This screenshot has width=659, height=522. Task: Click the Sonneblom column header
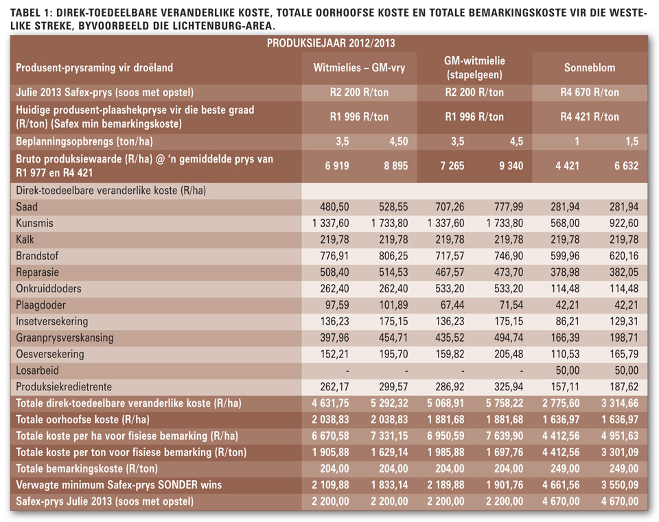click(589, 68)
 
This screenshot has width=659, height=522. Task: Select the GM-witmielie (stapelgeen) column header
click(474, 68)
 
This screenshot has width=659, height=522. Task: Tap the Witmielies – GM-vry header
click(359, 68)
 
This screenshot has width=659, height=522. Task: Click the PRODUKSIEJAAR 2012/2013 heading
click(331, 43)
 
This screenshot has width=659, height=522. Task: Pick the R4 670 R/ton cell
click(589, 93)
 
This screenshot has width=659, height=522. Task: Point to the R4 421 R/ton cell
click(589, 117)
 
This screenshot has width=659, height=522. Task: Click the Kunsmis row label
click(34, 223)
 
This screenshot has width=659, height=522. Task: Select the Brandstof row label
click(37, 256)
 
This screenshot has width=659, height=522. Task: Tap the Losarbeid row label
click(37, 370)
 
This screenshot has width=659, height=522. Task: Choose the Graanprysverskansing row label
click(65, 338)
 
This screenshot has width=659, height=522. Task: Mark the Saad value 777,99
click(509, 206)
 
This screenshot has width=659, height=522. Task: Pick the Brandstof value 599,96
click(565, 256)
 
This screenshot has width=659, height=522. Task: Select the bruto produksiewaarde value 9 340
click(511, 166)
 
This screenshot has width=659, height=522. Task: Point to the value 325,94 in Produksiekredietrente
click(509, 387)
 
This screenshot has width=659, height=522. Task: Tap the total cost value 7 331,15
click(389, 436)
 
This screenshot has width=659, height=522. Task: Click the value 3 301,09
click(619, 452)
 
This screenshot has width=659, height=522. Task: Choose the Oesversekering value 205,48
click(509, 354)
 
